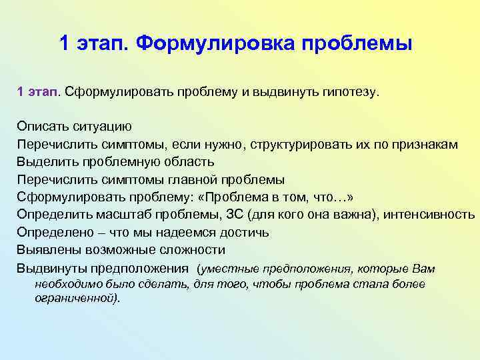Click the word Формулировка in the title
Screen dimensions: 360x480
214,44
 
